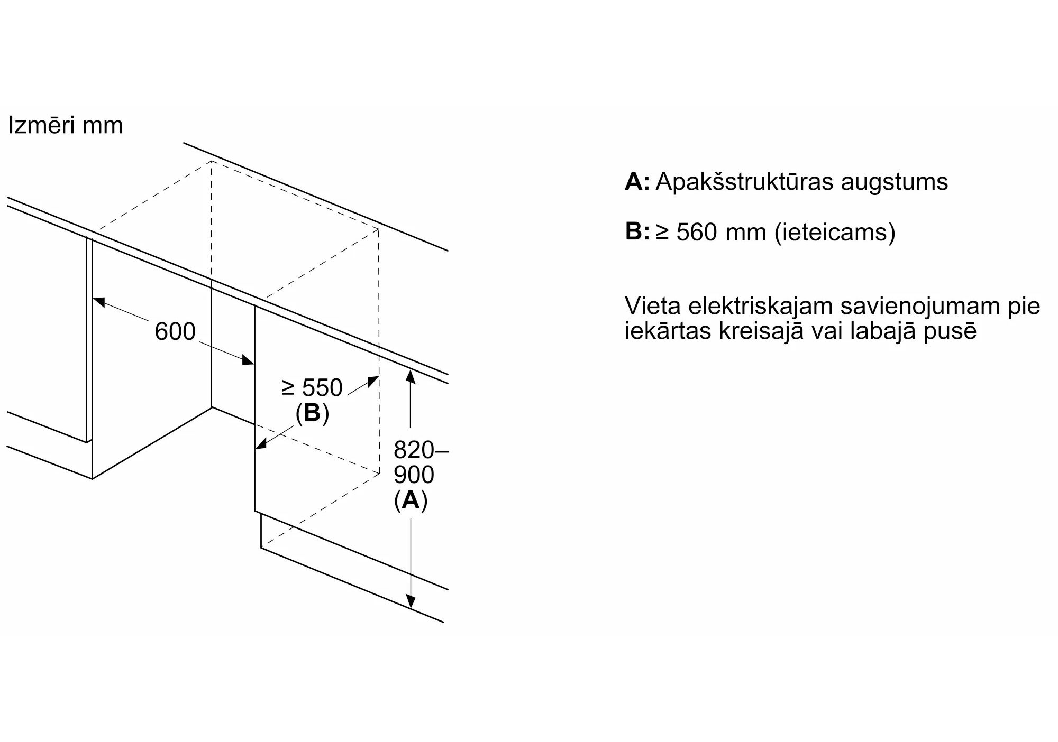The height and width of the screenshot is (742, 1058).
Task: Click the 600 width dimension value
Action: point(175,332)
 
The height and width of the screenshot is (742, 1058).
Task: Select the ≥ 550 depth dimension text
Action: point(312,388)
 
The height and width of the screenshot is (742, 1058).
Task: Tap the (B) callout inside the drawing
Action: point(312,413)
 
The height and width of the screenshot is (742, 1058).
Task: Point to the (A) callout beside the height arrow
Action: point(411,499)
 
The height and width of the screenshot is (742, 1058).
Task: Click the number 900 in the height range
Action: point(414,475)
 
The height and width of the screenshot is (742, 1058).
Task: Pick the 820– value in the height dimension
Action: point(421,450)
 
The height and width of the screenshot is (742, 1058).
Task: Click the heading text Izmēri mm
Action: point(66,126)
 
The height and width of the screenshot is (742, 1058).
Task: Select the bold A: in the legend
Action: point(637,182)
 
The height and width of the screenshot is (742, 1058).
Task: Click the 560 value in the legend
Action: point(698,232)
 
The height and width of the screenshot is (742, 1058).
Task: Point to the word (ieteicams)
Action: point(835,232)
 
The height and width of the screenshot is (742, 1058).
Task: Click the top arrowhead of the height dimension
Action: point(411,376)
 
